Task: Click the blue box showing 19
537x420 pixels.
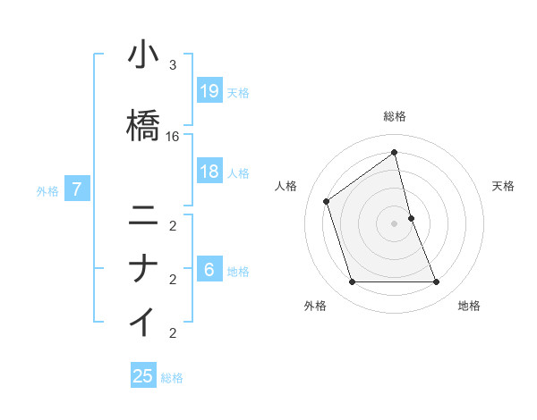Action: (209, 91)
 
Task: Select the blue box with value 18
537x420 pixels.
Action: (209, 172)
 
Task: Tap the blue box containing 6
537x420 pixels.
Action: (209, 270)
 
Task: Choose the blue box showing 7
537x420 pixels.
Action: (78, 189)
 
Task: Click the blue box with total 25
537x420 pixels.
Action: (143, 376)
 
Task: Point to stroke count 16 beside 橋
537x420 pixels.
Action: (173, 137)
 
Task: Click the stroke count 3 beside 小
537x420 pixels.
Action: (173, 65)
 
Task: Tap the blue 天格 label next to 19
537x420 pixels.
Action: (238, 92)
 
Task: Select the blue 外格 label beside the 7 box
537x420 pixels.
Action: (47, 190)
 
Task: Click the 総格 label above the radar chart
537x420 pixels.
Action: (395, 116)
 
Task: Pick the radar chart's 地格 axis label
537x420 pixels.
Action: (469, 306)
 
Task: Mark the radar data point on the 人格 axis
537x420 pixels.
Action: (327, 201)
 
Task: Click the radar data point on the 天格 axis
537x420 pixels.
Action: (411, 217)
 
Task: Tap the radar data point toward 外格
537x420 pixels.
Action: (352, 282)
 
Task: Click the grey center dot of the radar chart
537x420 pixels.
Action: (395, 223)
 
